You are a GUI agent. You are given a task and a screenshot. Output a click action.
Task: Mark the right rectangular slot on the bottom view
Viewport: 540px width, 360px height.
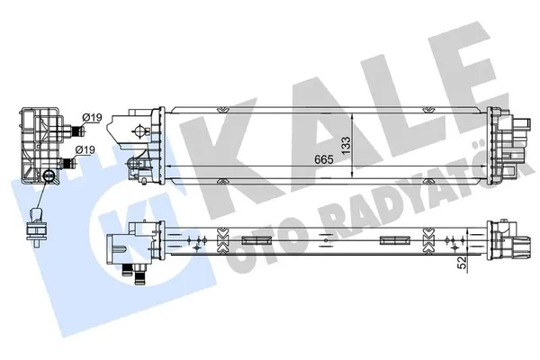point(391,238)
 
